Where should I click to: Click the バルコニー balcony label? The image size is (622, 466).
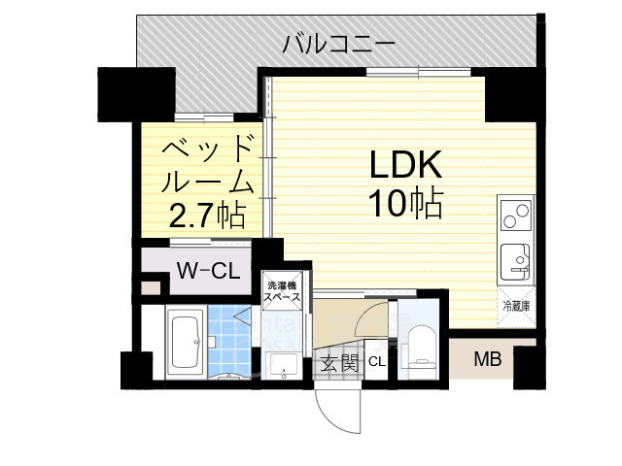[x=338, y=44]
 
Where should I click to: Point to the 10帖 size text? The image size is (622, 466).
[x=405, y=204]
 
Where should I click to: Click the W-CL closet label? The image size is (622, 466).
[x=208, y=271]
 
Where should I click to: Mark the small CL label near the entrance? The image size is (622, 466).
[x=377, y=363]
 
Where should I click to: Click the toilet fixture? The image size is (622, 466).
[x=421, y=345]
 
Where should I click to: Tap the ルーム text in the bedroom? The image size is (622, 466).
[x=206, y=183]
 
